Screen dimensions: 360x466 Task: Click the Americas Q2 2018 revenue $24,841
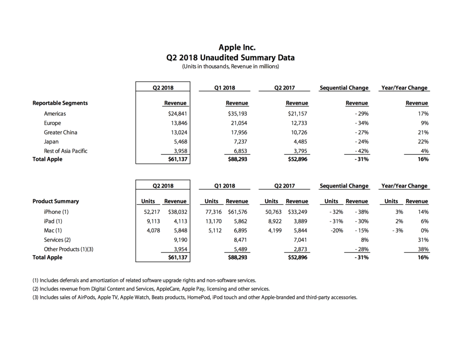click(x=178, y=114)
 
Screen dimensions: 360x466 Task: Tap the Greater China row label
click(x=61, y=132)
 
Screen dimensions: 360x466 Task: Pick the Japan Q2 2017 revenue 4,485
click(x=299, y=142)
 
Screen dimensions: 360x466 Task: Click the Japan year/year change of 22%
click(x=423, y=142)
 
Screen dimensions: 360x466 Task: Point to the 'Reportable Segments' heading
click(x=60, y=103)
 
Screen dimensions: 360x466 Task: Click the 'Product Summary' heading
click(x=56, y=201)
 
